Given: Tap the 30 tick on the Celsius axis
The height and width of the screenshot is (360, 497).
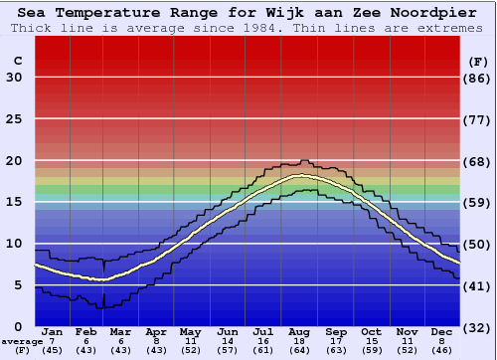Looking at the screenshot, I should [x=14, y=78].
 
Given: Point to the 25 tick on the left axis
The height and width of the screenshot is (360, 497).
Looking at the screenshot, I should [x=14, y=119].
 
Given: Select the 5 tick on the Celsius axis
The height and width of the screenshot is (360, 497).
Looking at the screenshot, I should [x=18, y=285].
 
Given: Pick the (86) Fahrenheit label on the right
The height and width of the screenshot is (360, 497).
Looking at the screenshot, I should [x=478, y=78].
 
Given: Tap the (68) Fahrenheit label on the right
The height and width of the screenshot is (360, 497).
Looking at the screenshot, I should [x=478, y=161].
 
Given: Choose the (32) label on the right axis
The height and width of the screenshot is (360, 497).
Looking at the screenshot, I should [x=478, y=327].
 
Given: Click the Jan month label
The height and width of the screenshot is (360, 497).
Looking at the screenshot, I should [x=53, y=331].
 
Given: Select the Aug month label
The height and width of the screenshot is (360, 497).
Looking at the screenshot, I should [x=300, y=331].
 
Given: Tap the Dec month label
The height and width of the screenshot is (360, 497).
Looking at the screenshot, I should [x=442, y=331].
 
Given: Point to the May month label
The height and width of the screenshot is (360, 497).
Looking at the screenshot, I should [x=189, y=331].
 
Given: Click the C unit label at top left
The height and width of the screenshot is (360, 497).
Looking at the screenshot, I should [x=17, y=62].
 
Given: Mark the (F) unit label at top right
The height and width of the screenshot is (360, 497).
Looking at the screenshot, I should [x=478, y=62].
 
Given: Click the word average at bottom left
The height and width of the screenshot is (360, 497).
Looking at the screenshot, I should [x=22, y=341].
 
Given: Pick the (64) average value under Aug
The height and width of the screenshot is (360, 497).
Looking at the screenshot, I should [x=300, y=350].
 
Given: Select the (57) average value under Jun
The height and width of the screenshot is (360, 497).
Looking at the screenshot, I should [x=228, y=350].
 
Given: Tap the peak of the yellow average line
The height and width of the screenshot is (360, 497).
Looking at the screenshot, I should [x=298, y=176].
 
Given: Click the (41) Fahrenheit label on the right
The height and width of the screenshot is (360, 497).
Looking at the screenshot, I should [x=478, y=285].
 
